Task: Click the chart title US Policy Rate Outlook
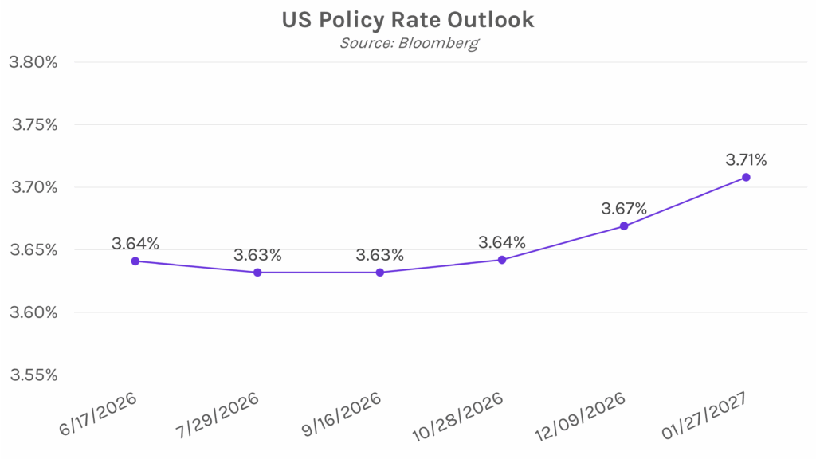[407, 20]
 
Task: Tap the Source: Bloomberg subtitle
[409, 43]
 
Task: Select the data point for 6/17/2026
[135, 261]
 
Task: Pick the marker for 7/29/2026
[257, 273]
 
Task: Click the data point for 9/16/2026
[380, 273]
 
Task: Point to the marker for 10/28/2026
[502, 260]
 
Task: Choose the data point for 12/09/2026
[624, 226]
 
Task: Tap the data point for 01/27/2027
[746, 177]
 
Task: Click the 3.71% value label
[746, 160]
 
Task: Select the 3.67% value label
[624, 209]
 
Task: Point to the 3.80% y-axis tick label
[32, 62]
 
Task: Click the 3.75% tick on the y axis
[32, 125]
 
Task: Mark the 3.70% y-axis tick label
[32, 187]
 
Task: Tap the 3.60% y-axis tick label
[32, 312]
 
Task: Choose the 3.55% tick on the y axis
[32, 375]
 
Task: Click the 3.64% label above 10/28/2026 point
[502, 242]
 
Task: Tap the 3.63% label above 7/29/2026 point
[257, 255]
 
